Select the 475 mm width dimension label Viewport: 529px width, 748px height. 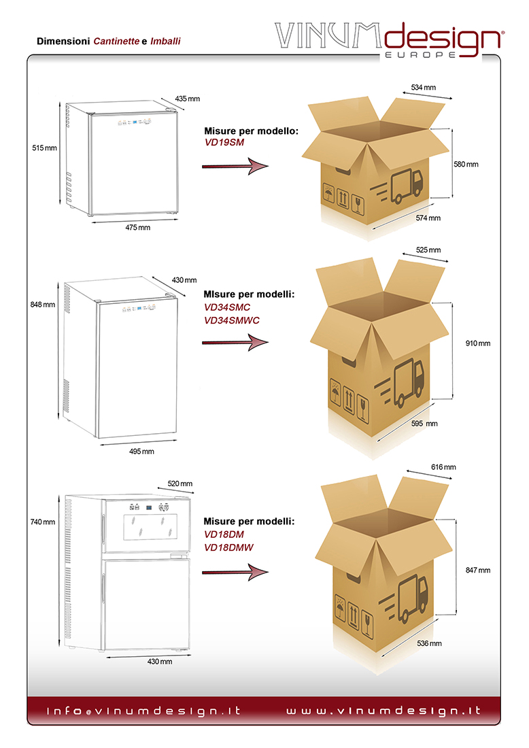[x=138, y=227]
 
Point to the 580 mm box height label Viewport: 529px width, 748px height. [x=466, y=164]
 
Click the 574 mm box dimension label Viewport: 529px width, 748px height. [x=429, y=218]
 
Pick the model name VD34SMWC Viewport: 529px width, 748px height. [x=232, y=319]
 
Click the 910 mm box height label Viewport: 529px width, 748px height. [x=477, y=343]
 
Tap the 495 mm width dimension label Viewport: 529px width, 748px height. [x=142, y=451]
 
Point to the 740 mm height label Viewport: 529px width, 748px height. [x=43, y=522]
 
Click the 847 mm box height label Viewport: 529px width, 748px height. [x=477, y=571]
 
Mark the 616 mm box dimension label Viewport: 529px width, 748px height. [x=443, y=467]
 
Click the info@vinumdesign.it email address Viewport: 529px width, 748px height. [x=143, y=711]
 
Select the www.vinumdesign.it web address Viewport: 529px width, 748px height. [x=383, y=711]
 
